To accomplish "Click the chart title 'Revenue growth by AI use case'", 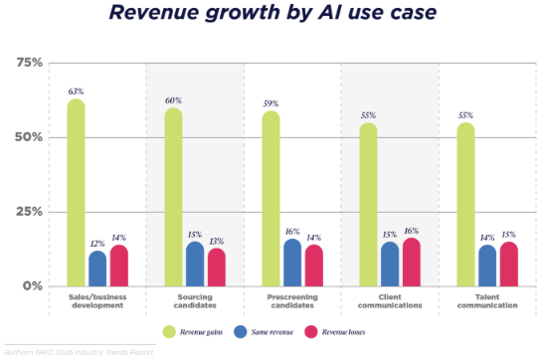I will coord(272,14).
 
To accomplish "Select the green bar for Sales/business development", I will coord(76,193).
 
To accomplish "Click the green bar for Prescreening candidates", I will coord(271,199).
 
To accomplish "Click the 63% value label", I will coord(76,91).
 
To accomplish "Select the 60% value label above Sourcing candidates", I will coord(173,100).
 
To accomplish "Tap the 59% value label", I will coord(271,103).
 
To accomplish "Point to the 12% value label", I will coord(97,244).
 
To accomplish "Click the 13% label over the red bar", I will coord(217,242).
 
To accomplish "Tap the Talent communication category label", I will coord(486,301).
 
